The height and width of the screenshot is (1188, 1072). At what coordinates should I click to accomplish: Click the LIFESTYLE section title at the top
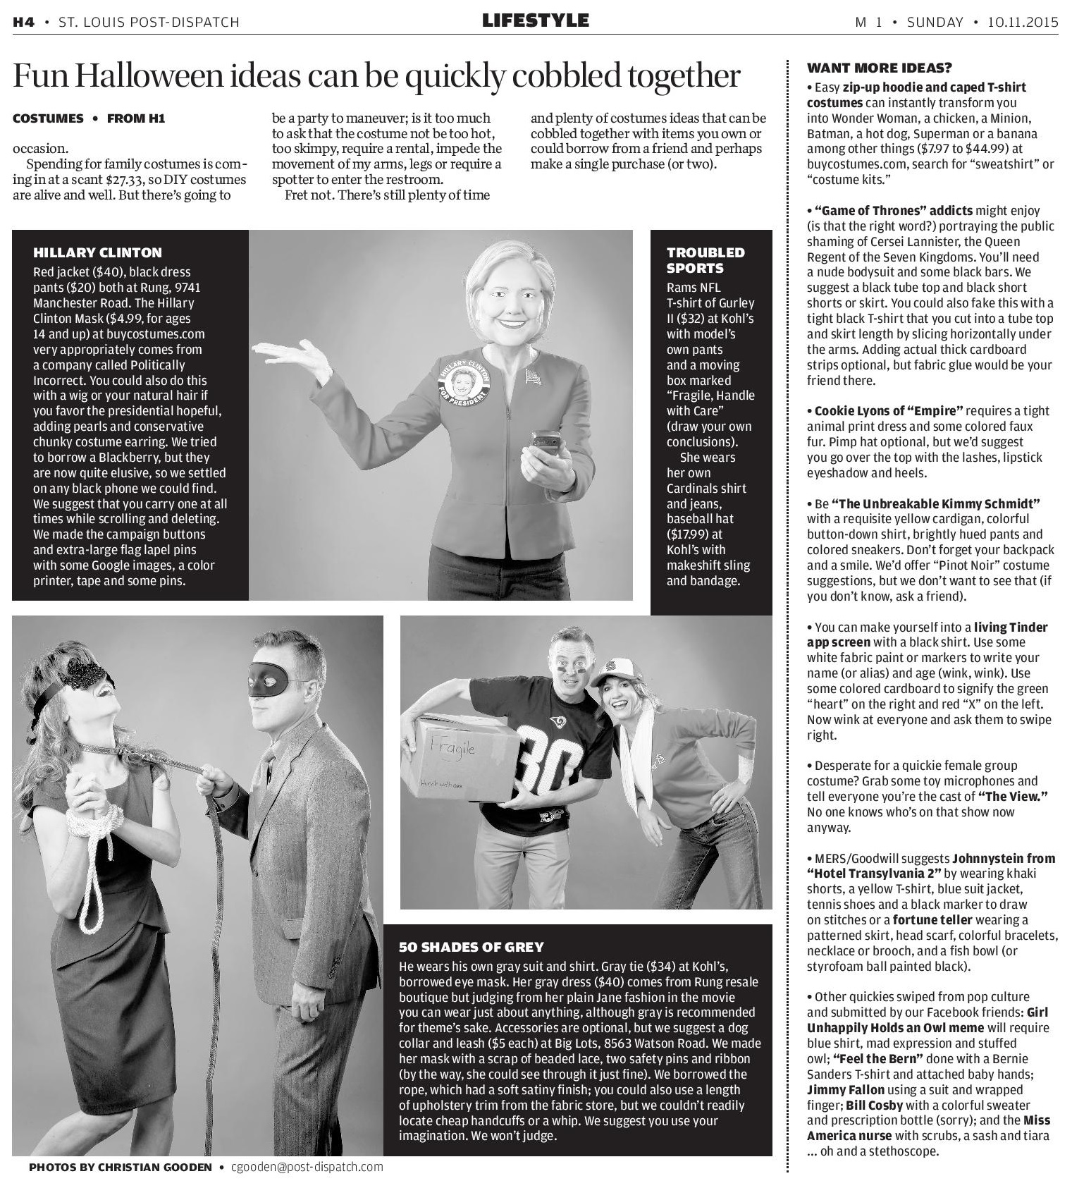[x=535, y=21]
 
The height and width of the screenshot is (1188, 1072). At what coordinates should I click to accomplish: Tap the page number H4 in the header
[x=23, y=23]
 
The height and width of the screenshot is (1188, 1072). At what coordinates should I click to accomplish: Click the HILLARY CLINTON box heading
[x=97, y=252]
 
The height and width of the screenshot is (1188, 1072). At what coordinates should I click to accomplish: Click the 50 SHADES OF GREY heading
[x=471, y=947]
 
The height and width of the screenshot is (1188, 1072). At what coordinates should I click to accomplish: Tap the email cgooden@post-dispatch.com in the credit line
[x=307, y=1167]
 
